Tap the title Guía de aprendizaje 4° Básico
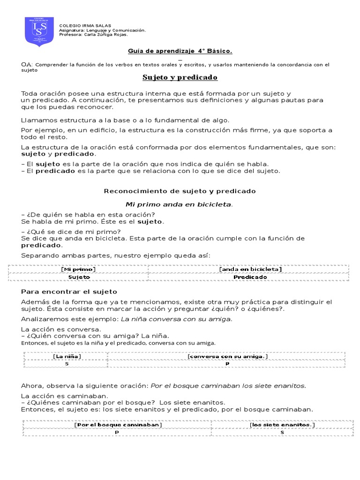[180, 51]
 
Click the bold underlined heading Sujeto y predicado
[180, 77]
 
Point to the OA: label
[27, 64]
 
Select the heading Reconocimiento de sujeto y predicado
[180, 191]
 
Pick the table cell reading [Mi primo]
[79, 269]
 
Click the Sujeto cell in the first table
[79, 277]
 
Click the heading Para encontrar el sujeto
[69, 292]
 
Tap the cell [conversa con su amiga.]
[227, 357]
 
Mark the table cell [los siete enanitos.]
[282, 425]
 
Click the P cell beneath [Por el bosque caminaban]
[117, 432]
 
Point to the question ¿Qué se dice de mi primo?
[71, 232]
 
